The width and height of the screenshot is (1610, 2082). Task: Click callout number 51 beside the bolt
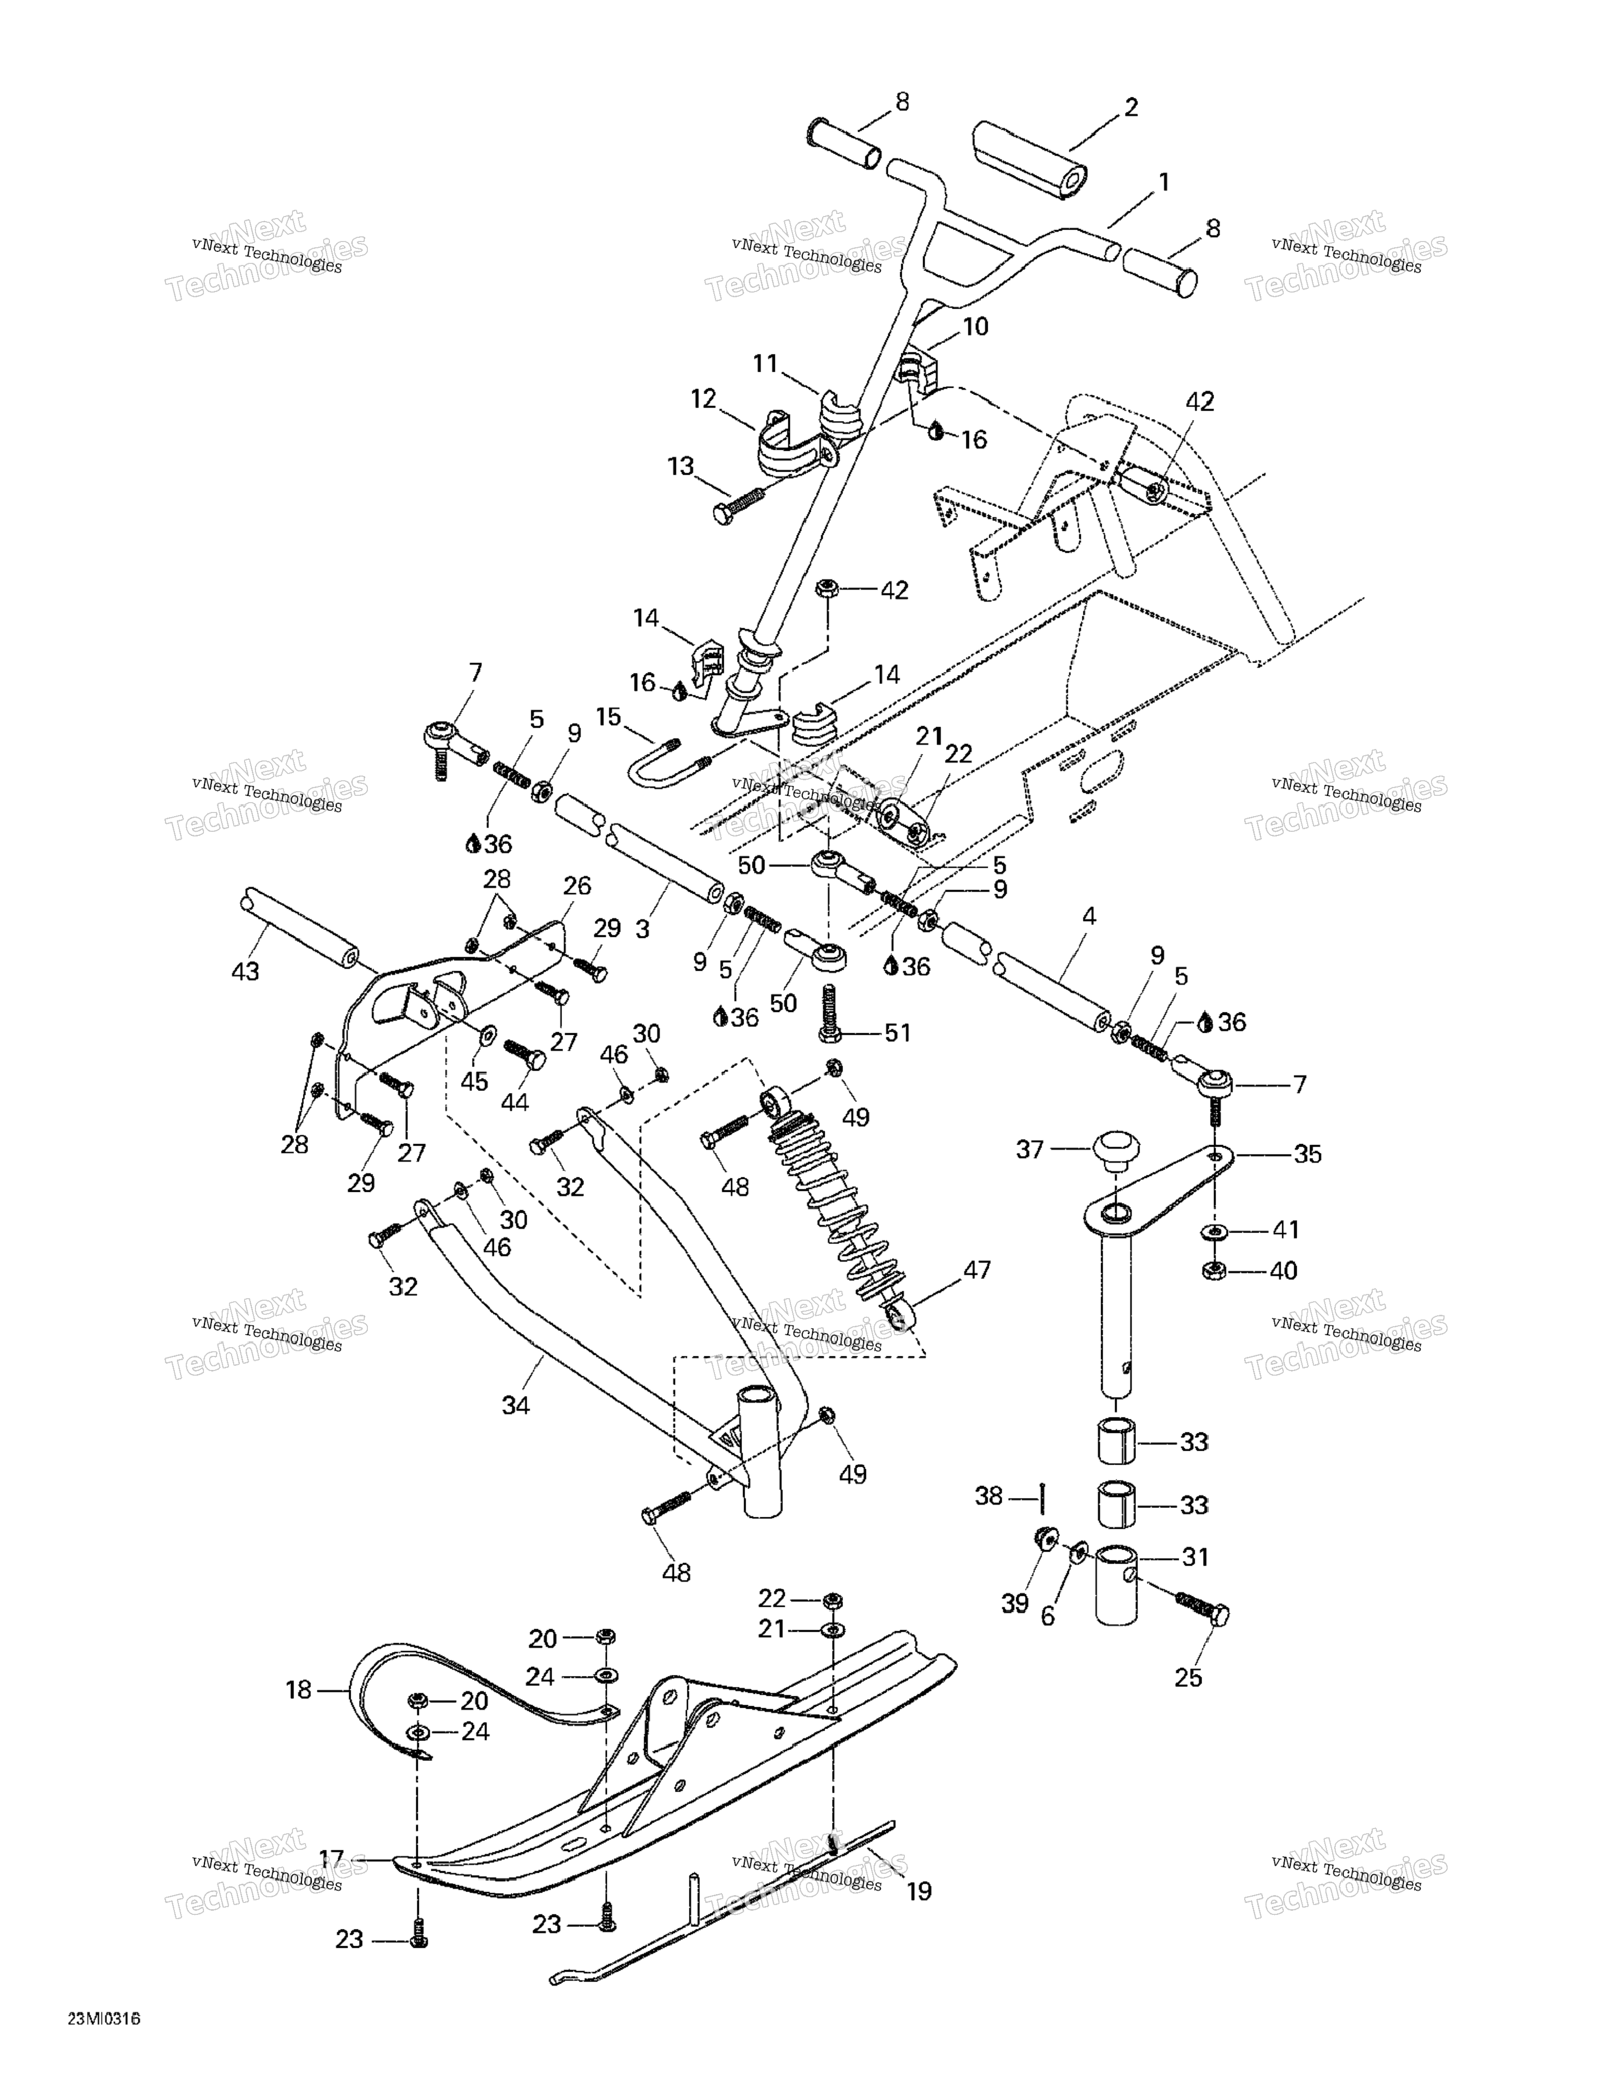(897, 1033)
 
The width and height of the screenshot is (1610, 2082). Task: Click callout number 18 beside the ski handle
(298, 1690)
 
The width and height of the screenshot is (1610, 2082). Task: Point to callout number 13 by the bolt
(681, 466)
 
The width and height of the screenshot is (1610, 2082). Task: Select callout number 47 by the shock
(977, 1270)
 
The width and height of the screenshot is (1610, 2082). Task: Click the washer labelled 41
(1215, 1230)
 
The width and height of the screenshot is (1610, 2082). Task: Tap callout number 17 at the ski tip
(331, 1858)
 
